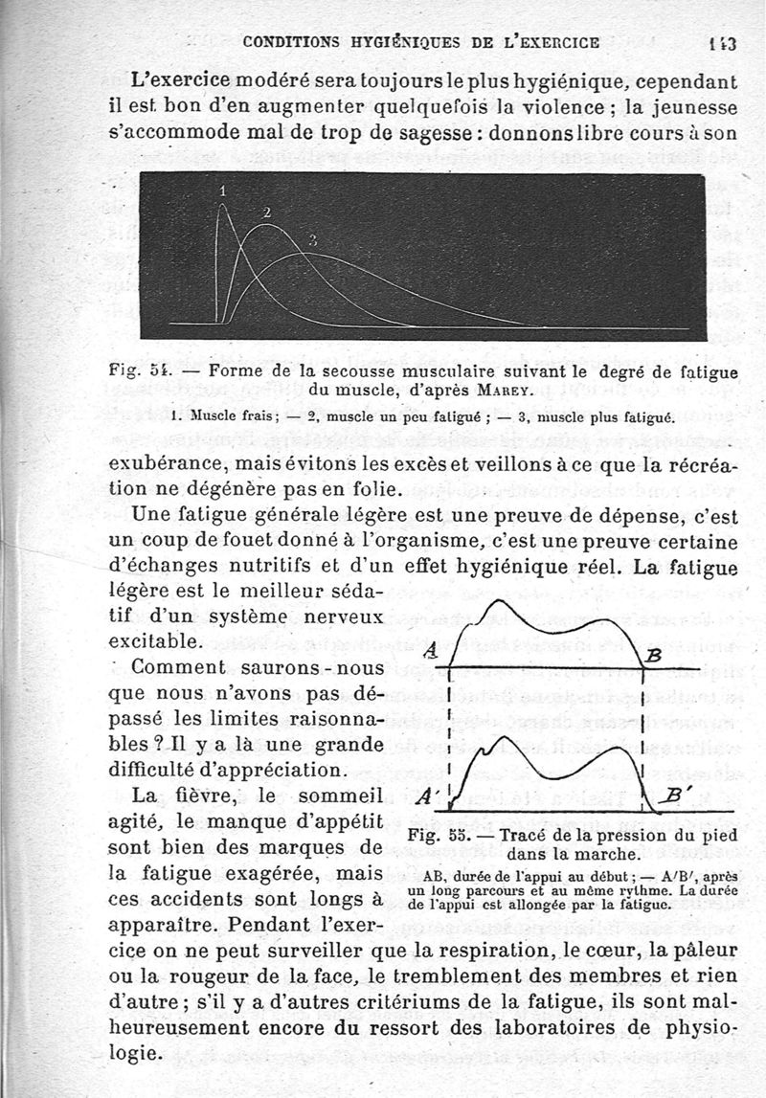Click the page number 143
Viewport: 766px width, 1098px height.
point(720,42)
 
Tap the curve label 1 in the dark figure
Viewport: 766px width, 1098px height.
point(223,190)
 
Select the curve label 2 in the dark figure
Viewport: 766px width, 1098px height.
point(266,212)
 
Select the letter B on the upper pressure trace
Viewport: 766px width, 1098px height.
point(654,656)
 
